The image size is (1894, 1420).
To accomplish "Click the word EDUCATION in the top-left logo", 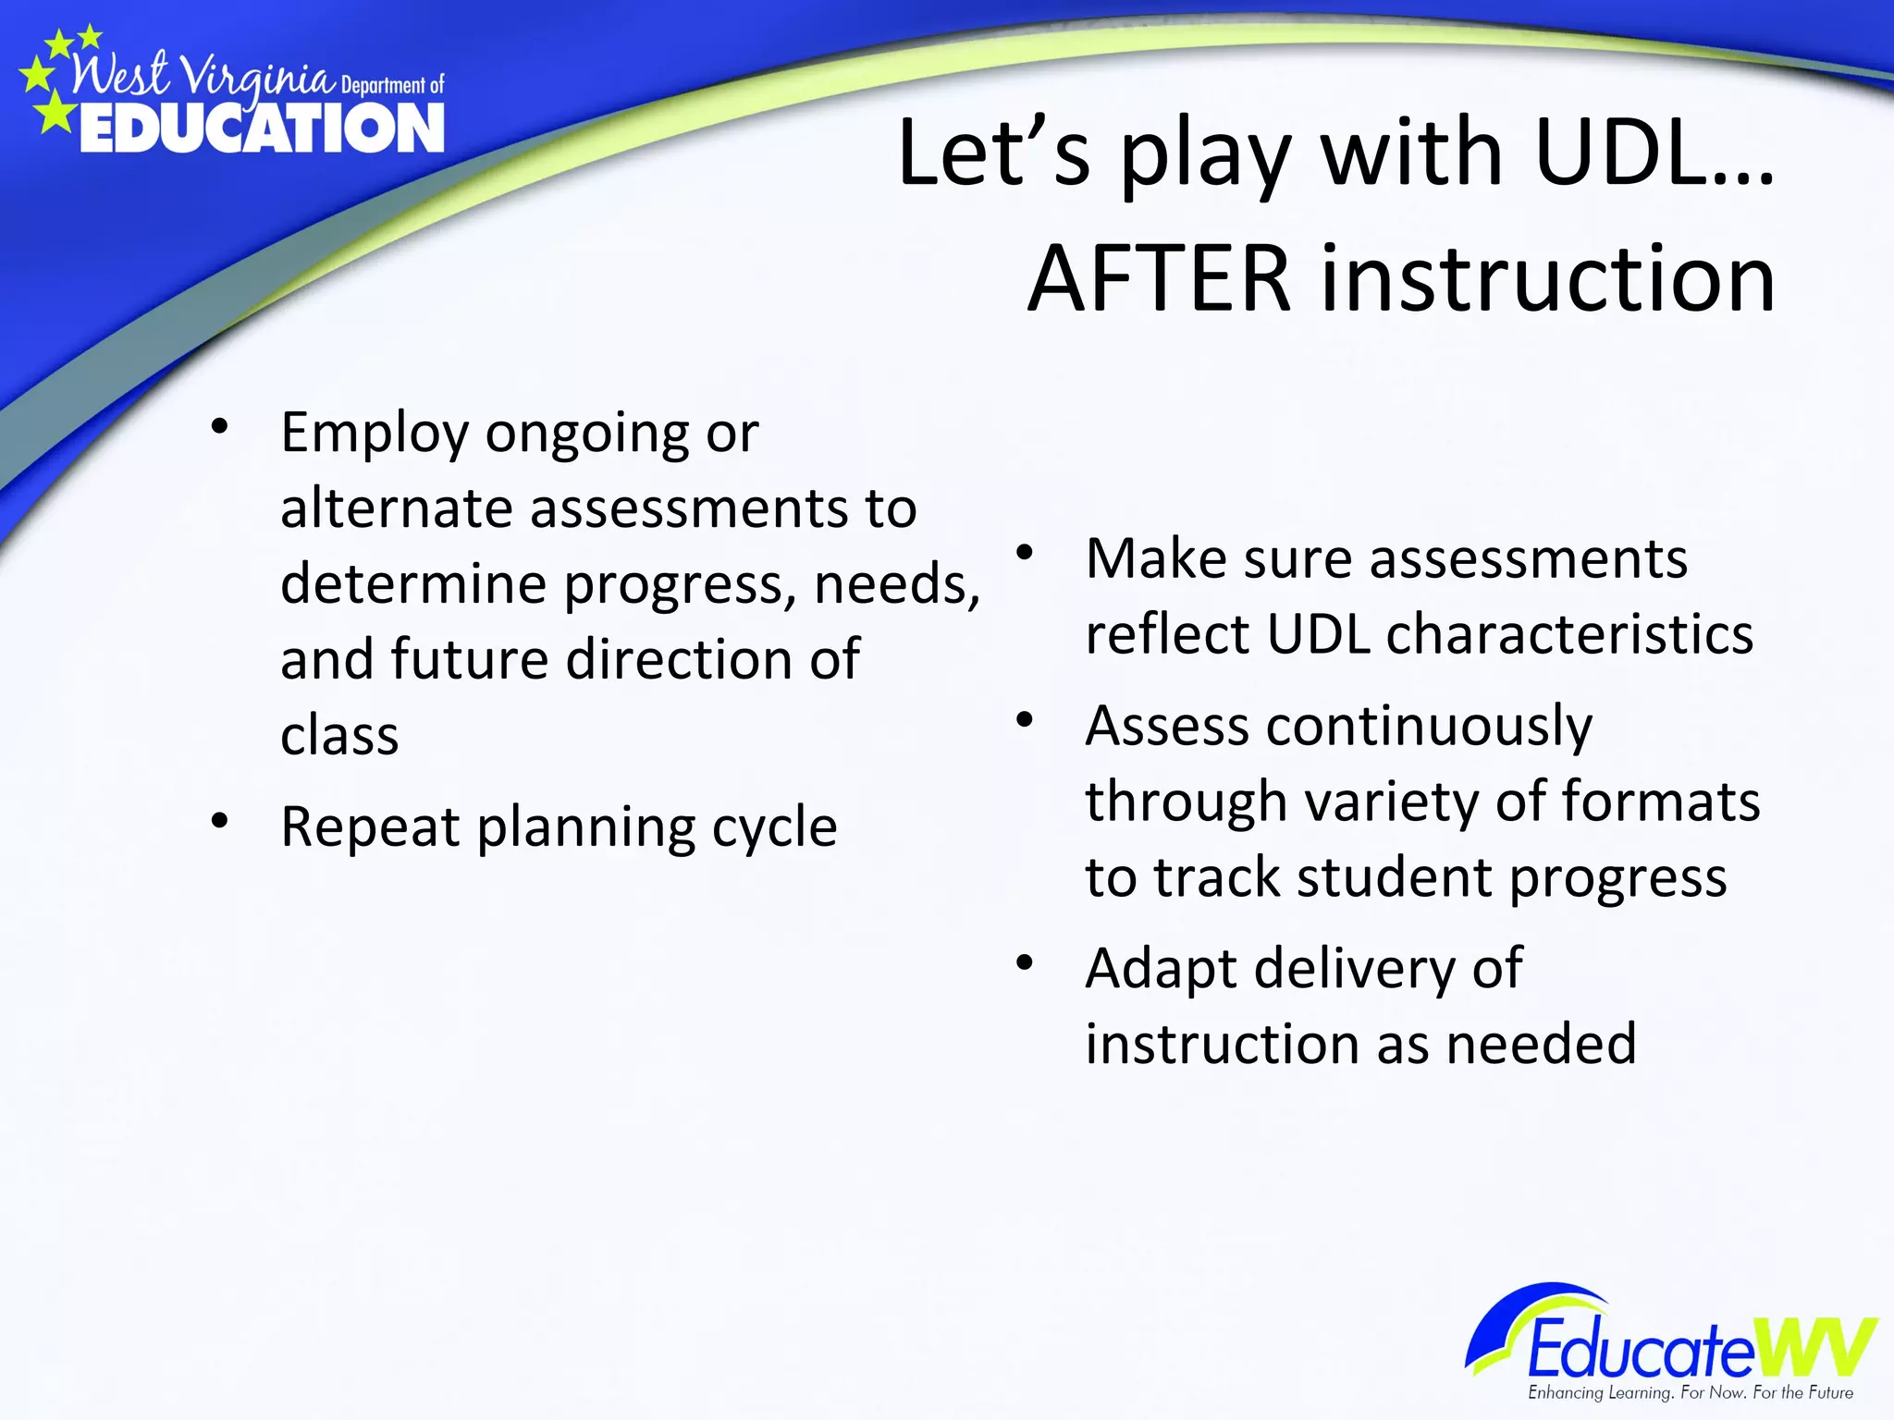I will click(x=262, y=129).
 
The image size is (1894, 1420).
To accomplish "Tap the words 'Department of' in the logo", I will click(x=392, y=86).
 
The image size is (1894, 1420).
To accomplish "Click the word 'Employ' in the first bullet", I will click(x=375, y=433).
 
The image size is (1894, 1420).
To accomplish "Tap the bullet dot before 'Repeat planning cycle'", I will click(x=219, y=819).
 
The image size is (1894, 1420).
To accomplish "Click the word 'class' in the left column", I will click(x=339, y=736).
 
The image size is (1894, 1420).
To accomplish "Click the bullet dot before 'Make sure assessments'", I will click(x=1024, y=553).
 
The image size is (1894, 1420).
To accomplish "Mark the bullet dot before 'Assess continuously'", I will click(x=1024, y=719).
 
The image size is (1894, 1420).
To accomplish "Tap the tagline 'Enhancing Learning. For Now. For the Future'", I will click(x=1690, y=1392).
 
